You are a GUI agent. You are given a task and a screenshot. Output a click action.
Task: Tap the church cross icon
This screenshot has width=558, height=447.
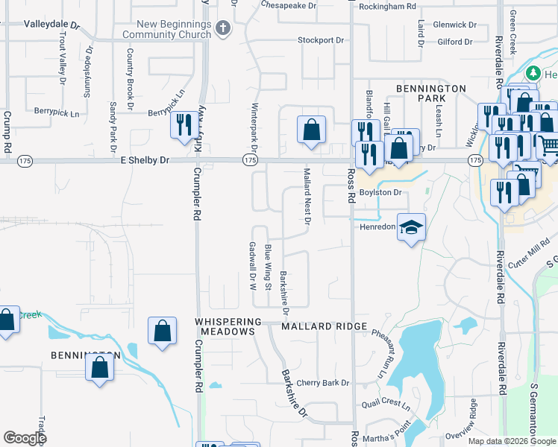point(222,29)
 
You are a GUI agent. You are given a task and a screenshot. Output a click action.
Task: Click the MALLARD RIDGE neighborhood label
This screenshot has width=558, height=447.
point(324,326)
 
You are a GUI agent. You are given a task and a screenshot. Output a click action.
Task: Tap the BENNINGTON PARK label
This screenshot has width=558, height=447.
point(430,93)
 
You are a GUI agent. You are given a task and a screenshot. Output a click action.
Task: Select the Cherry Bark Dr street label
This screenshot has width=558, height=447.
point(322,383)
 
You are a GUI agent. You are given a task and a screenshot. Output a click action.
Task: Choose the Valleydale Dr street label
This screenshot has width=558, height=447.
point(51,25)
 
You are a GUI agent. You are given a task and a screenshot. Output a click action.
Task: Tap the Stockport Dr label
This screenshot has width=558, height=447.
point(321,40)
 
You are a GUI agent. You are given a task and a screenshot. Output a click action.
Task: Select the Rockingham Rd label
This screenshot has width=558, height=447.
point(387,6)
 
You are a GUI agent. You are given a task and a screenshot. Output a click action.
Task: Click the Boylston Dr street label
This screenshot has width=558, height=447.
point(380,192)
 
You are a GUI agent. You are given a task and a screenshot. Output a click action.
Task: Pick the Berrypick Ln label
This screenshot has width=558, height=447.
point(56,114)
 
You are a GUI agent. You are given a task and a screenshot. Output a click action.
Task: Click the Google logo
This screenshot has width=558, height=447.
point(25,438)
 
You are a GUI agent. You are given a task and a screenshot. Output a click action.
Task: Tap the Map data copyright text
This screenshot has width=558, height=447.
point(511,441)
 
